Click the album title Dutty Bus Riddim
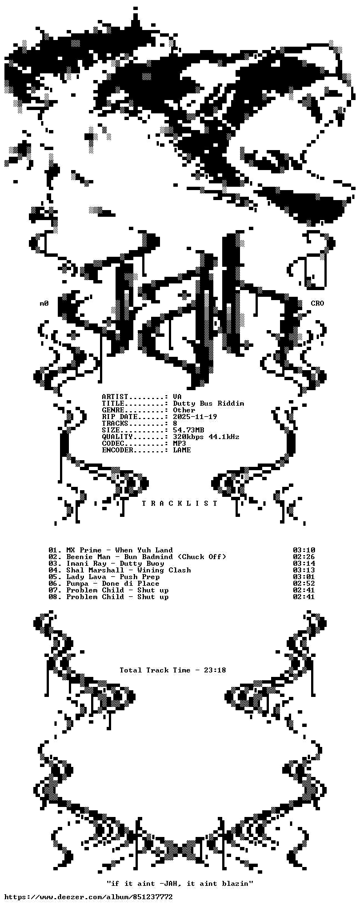coord(208,403)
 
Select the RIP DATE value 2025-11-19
coord(195,417)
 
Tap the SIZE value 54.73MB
coord(188,430)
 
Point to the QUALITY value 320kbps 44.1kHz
coord(206,436)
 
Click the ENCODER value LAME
coord(182,450)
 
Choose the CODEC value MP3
coord(179,443)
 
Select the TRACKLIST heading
coord(180,504)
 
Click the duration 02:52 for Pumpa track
coord(304,584)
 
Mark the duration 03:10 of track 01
coord(304,550)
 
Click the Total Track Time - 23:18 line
coord(173,670)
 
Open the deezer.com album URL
coord(87,897)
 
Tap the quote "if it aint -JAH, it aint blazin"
coord(180,884)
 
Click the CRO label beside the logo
coord(317,303)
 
